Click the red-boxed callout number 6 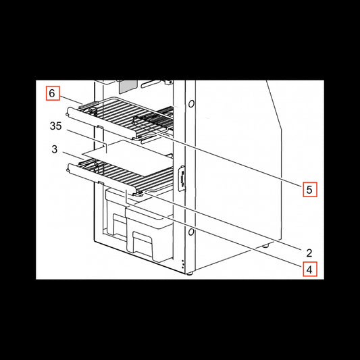point(53,93)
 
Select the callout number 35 point(56,126)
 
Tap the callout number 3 point(55,149)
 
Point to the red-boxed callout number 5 point(310,190)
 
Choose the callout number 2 point(309,253)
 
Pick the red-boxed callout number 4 point(310,269)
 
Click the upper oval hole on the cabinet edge point(191,104)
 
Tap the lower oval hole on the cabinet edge point(191,232)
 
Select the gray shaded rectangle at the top point(128,86)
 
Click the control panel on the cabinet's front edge point(182,178)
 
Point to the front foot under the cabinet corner point(189,274)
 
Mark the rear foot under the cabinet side point(266,246)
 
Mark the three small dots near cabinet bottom point(183,264)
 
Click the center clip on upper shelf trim point(100,126)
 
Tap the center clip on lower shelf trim point(101,182)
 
